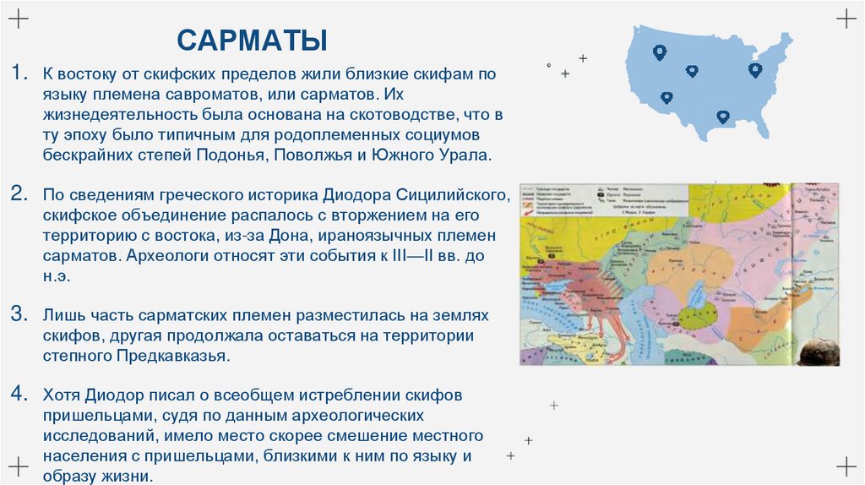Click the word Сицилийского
[x=461, y=194]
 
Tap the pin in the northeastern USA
[x=755, y=69]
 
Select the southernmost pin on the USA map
[x=722, y=117]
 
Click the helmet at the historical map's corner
[x=818, y=352]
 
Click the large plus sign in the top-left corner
[x=19, y=19]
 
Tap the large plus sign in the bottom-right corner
[x=846, y=466]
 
